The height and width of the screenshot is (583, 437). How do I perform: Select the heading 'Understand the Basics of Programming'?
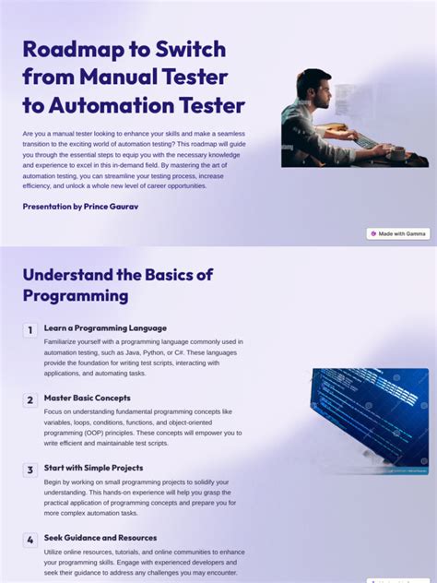[117, 285]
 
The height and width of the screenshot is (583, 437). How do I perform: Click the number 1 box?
[30, 329]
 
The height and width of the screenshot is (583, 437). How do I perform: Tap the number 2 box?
[30, 399]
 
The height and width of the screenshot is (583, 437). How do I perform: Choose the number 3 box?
[30, 470]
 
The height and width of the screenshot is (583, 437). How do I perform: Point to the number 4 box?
[30, 540]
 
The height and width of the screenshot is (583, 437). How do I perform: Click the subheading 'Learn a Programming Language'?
[105, 328]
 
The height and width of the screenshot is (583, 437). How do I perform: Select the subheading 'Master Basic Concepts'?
[87, 399]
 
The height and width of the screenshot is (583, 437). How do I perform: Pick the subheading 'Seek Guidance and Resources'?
[100, 538]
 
